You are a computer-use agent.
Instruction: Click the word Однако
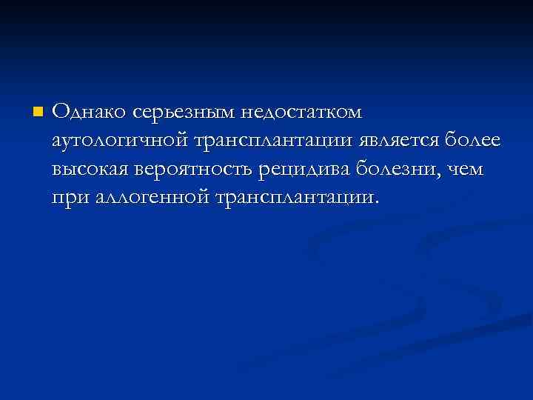click(90, 113)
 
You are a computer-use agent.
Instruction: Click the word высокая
click(91, 170)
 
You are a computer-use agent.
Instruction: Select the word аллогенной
click(149, 198)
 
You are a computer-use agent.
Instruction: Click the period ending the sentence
click(377, 203)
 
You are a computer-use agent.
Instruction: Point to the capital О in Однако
click(61, 113)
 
